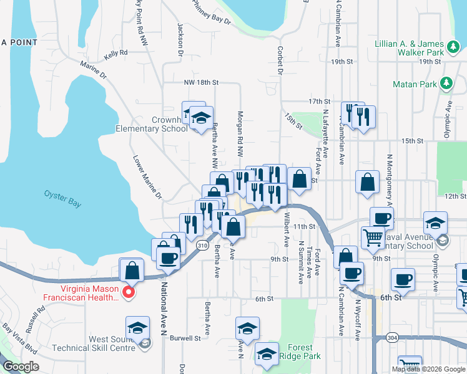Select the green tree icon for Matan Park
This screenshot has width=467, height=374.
point(446,83)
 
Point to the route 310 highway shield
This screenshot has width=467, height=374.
point(202,246)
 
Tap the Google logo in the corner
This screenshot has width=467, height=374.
point(21,367)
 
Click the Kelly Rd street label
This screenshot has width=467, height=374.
point(116,54)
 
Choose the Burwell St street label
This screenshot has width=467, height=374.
point(188,338)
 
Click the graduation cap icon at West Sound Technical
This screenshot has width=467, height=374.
point(138,327)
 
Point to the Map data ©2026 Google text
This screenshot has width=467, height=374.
point(428,368)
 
